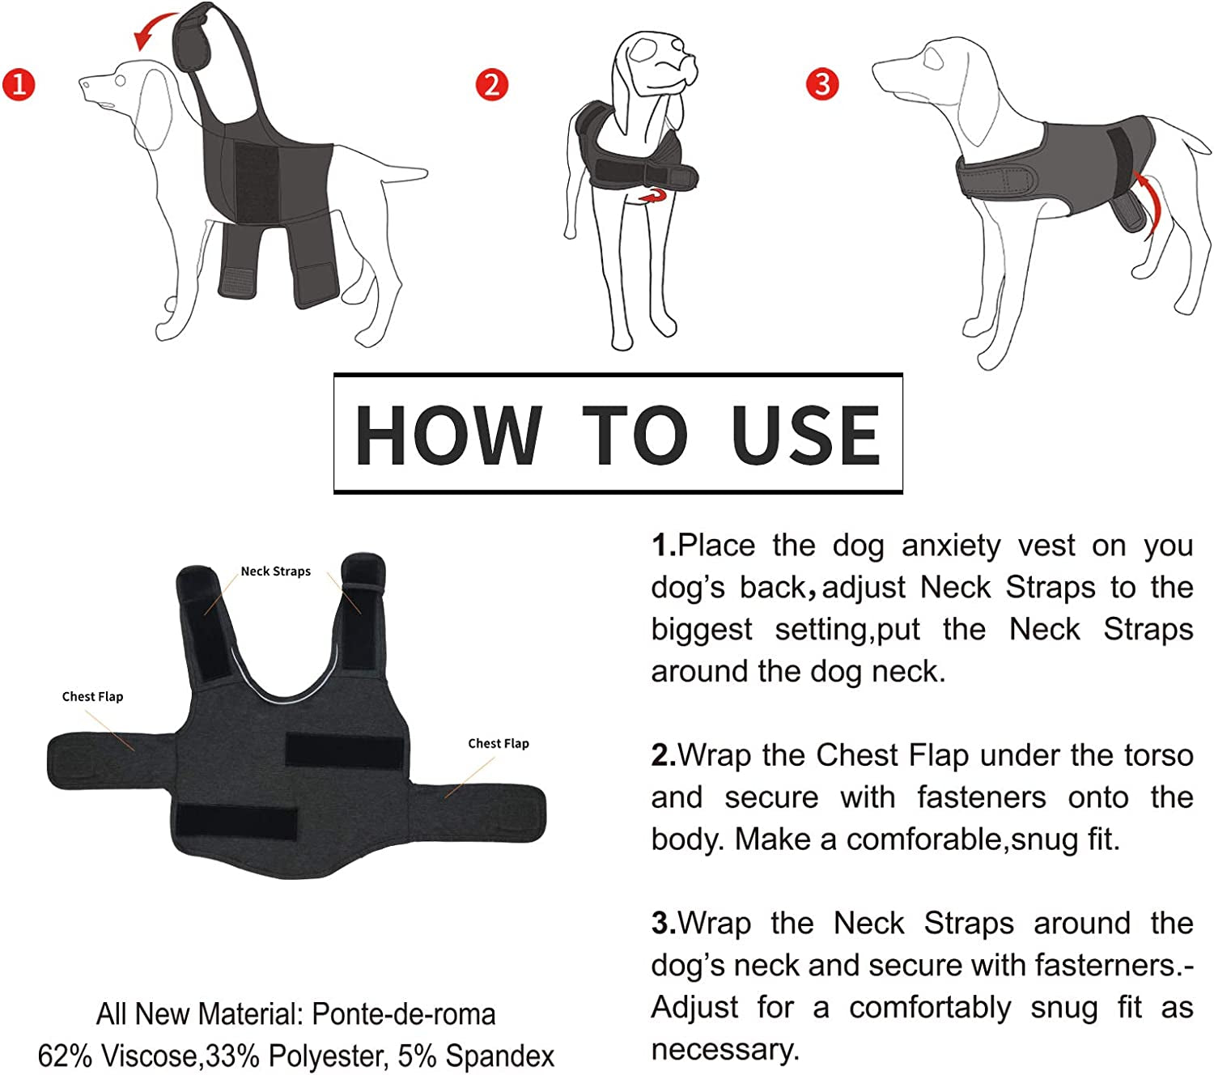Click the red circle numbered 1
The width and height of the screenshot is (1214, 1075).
[x=19, y=84]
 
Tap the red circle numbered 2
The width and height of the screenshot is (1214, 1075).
[x=491, y=84]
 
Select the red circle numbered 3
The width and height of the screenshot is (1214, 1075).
[x=822, y=83]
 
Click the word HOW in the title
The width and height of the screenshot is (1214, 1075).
[x=448, y=436]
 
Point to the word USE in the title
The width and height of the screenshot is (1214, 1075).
[x=805, y=436]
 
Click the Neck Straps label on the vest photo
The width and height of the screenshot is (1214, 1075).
[x=275, y=571]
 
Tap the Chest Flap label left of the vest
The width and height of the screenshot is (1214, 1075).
[x=92, y=697]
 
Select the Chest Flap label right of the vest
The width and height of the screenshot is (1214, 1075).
[x=499, y=744]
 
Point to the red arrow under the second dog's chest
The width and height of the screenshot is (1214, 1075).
[x=654, y=196]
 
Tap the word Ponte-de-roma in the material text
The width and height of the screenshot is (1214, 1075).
[x=403, y=1014]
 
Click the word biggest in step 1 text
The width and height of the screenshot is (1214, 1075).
[x=701, y=630]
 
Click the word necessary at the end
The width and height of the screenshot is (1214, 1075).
[x=724, y=1049]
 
